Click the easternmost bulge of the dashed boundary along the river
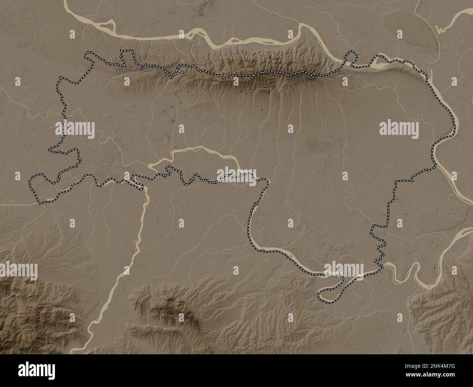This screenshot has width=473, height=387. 455,127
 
